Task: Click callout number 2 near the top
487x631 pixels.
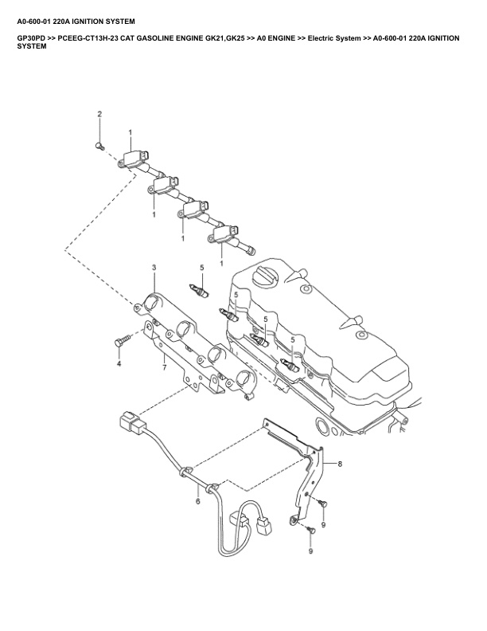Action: pyautogui.click(x=100, y=115)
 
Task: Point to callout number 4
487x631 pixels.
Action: pyautogui.click(x=119, y=363)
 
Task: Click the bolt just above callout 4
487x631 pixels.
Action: pyautogui.click(x=122, y=341)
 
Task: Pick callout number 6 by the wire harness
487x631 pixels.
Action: pyautogui.click(x=198, y=503)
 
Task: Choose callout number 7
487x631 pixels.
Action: pyautogui.click(x=164, y=367)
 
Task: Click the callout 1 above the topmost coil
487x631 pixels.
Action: pyautogui.click(x=130, y=131)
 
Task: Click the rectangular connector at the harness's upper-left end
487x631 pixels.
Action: pyautogui.click(x=130, y=423)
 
